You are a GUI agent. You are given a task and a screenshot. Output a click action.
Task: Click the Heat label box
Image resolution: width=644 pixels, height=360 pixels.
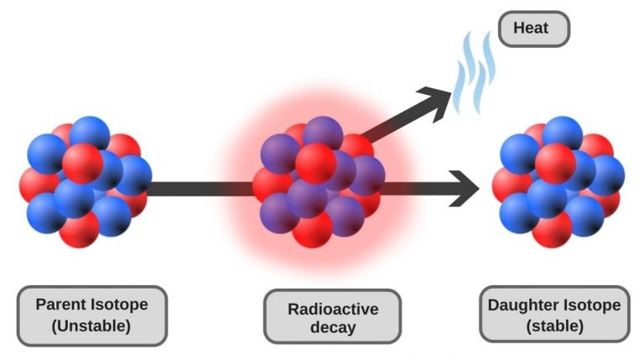tap(533, 29)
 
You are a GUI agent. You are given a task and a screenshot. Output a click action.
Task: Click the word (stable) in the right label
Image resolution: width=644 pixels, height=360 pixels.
tap(554, 326)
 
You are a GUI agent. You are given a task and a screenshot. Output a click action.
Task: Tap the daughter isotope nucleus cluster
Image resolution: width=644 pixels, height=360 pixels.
tap(557, 180)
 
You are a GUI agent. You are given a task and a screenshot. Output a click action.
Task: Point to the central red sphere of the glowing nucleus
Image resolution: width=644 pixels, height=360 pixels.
tap(315, 163)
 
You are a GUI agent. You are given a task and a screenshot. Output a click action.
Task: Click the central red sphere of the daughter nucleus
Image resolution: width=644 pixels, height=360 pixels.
tap(554, 163)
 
